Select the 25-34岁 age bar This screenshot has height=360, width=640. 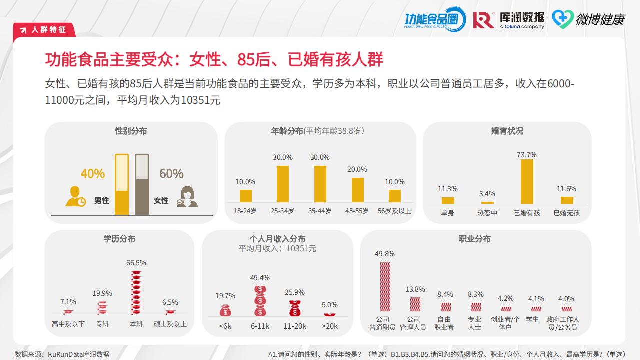pyautogui.click(x=283, y=184)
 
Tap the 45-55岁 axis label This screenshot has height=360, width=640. pyautogui.click(x=357, y=211)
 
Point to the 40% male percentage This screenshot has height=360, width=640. pyautogui.click(x=93, y=174)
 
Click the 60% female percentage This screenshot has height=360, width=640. pyautogui.click(x=171, y=174)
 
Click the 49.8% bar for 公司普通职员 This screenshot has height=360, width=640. pyautogui.click(x=385, y=286)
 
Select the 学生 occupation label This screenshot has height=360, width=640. pyautogui.click(x=532, y=319)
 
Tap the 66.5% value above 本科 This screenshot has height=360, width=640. pyautogui.click(x=136, y=263)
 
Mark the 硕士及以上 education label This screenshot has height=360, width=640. pyautogui.click(x=170, y=324)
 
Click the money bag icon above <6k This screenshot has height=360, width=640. pyautogui.click(x=226, y=310)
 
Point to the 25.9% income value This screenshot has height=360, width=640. pyautogui.click(x=294, y=292)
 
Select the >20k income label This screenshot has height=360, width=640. pyautogui.click(x=330, y=326)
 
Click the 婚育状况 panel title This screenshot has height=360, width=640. pyautogui.click(x=507, y=131)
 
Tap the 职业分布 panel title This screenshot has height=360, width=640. pyautogui.click(x=475, y=239)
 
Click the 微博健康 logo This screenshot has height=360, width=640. pyautogui.click(x=588, y=19)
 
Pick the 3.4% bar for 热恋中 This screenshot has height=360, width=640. pyautogui.click(x=487, y=202)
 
